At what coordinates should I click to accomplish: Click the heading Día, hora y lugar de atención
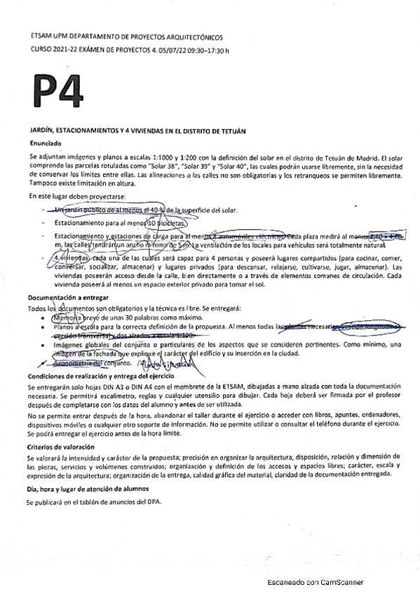coord(87,488)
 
